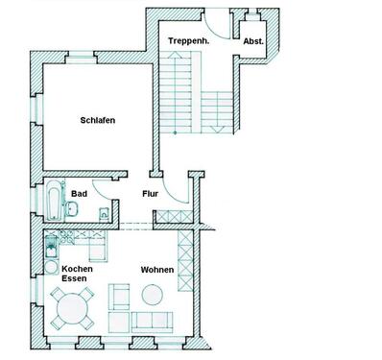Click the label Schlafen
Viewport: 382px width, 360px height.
98,121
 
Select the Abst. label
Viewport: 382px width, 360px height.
254,41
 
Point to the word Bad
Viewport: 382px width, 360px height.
79,193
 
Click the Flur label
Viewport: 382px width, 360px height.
151,193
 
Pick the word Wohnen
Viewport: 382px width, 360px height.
157,270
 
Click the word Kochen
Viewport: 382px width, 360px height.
77,270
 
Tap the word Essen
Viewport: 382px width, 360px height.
75,281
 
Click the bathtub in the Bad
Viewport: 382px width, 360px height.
51,204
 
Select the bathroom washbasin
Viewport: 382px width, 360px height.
74,208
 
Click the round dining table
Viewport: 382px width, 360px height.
73,308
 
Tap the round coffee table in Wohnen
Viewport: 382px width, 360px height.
121,295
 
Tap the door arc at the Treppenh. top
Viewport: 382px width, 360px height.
217,30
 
